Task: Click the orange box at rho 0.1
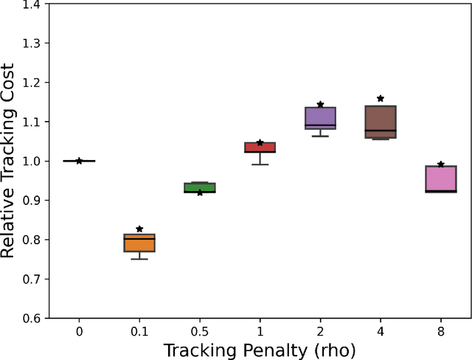coord(139,243)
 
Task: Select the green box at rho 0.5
coord(200,187)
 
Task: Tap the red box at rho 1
coord(260,148)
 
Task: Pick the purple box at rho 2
coord(320,118)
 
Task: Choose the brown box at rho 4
coord(381,122)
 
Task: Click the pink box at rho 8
coord(441,179)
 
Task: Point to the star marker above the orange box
coord(139,229)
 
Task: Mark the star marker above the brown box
coord(381,98)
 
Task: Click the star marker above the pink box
coord(441,165)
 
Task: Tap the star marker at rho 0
coord(79,161)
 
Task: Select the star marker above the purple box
coord(320,105)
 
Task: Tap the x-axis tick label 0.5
coord(200,331)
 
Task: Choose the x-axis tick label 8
coord(441,331)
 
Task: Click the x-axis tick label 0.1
coord(139,331)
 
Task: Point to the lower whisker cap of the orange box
coord(139,259)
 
